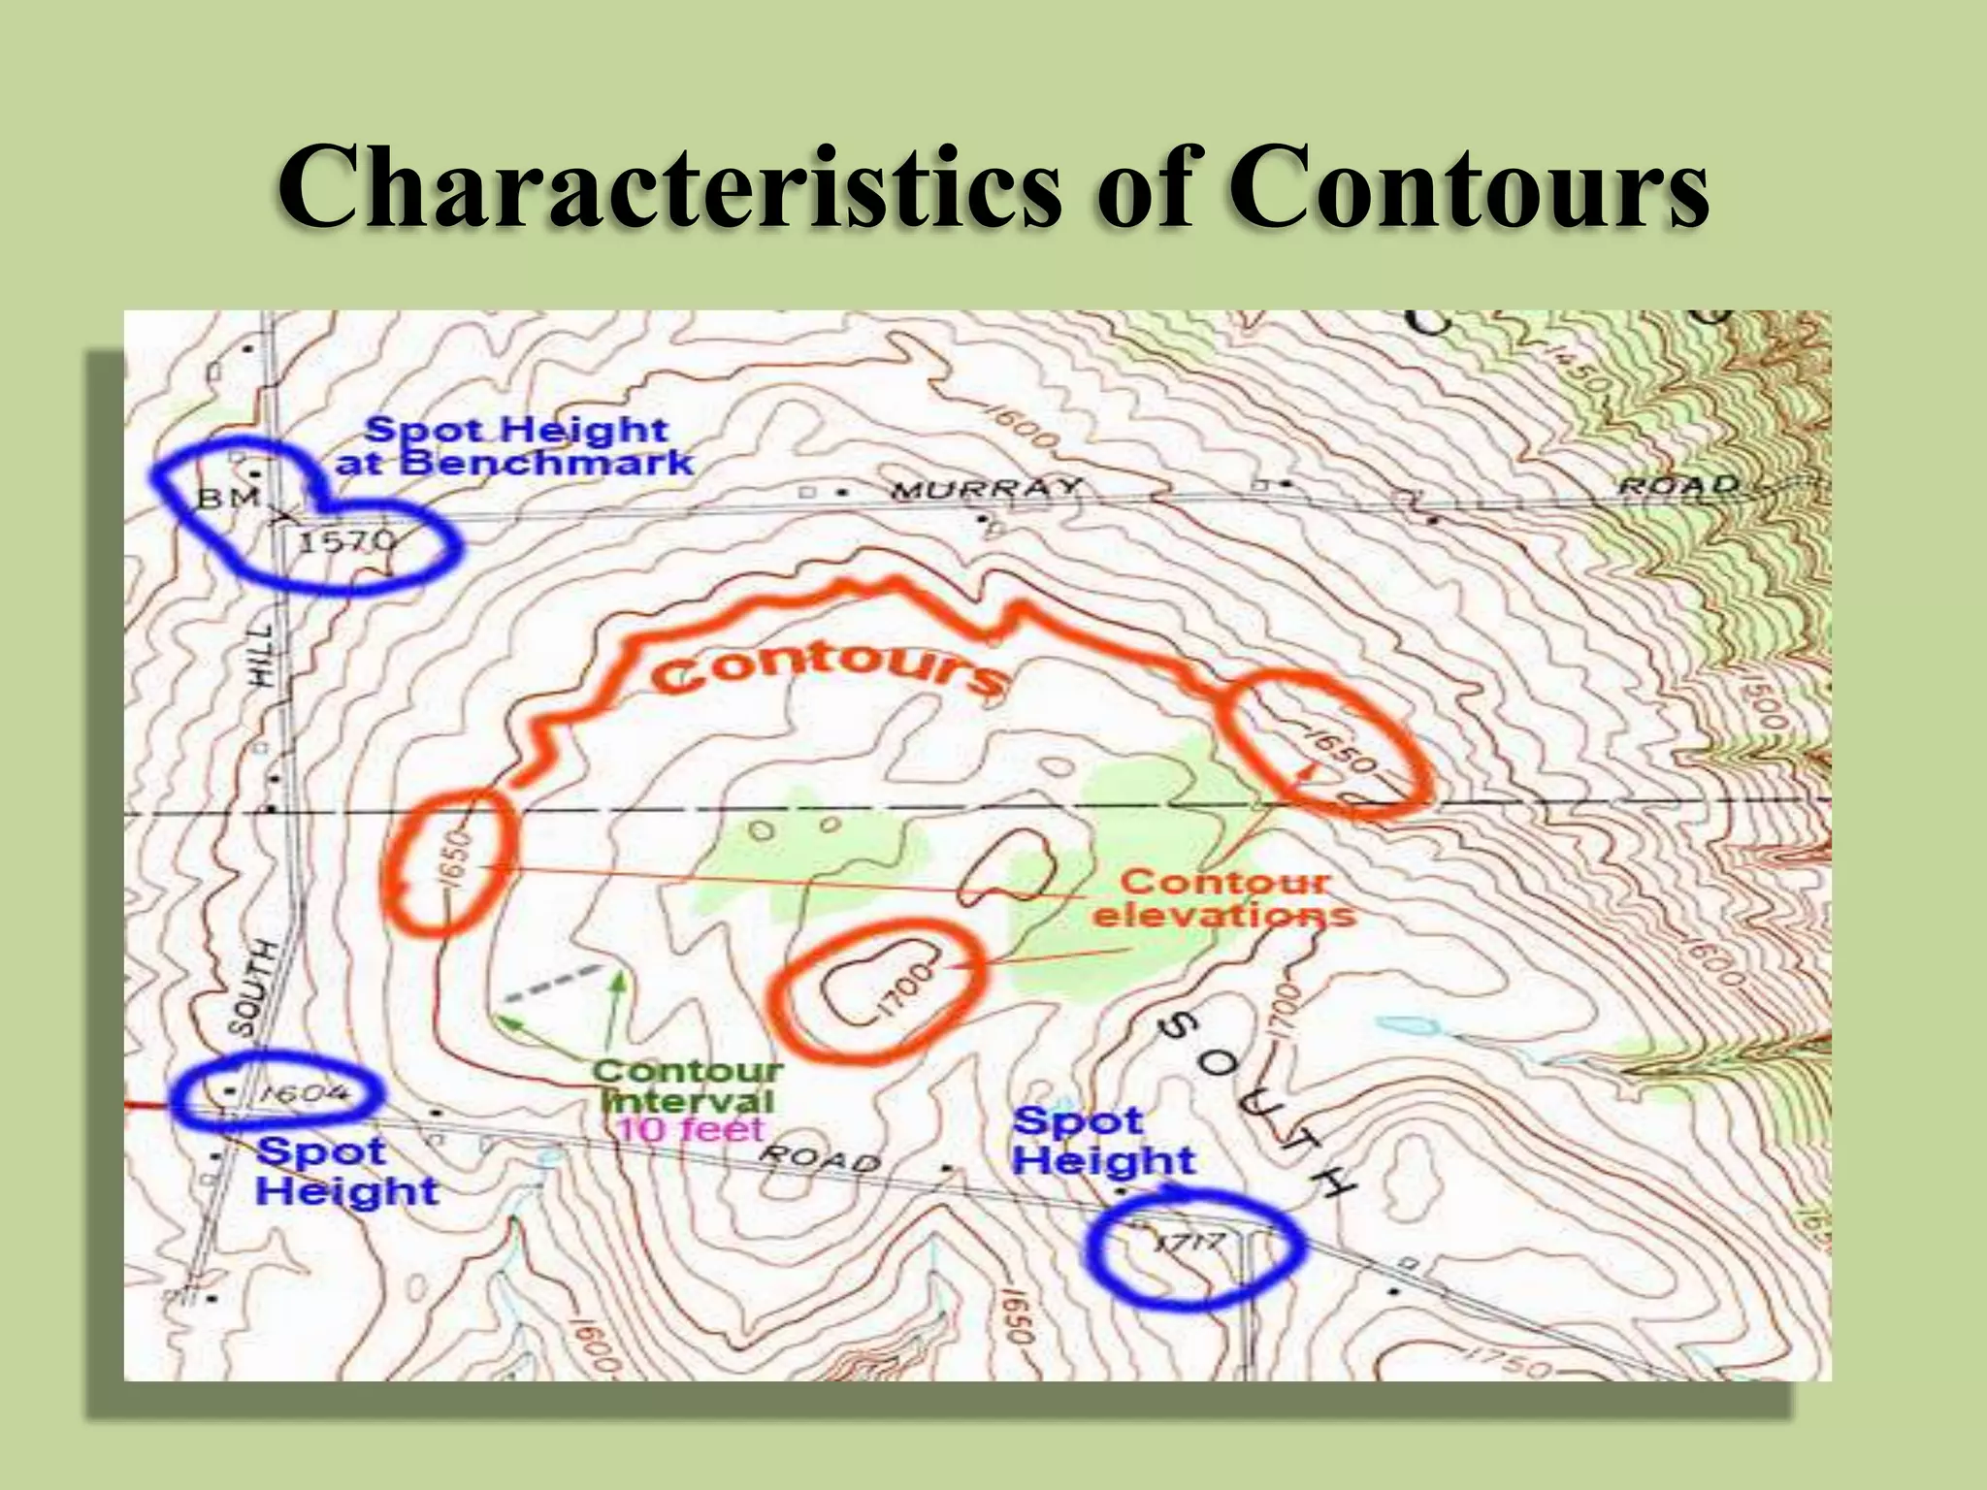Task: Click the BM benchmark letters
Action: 229,500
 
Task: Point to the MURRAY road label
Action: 985,488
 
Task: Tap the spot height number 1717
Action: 1191,1242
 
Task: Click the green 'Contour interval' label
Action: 687,1085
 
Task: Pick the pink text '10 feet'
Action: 691,1129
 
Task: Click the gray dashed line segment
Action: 551,982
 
